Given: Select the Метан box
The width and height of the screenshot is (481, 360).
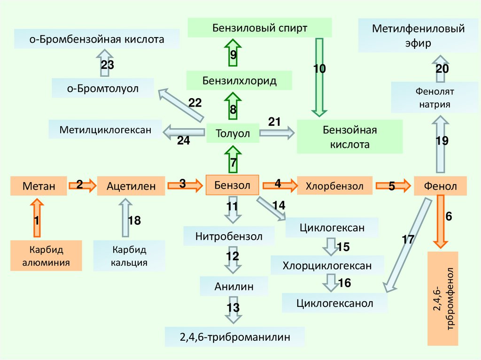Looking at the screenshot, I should (x=39, y=186).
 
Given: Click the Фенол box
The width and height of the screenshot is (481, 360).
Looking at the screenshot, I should (x=440, y=186).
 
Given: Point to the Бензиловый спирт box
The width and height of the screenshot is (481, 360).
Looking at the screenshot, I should (x=259, y=28).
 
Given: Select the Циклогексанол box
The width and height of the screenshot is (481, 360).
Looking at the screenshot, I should (x=334, y=303).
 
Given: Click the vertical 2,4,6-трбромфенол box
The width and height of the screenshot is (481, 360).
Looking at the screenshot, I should (x=442, y=298).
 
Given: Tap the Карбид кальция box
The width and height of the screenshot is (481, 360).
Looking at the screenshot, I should (x=129, y=255).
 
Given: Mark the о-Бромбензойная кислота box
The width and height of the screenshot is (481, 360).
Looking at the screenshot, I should (x=97, y=39).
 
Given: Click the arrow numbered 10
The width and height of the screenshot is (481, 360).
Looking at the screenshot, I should (x=320, y=77).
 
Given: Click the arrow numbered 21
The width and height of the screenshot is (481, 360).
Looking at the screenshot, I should (x=277, y=133).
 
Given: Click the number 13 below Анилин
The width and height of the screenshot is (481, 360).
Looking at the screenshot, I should (x=233, y=308).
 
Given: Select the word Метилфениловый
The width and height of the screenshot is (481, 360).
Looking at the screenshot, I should (x=411, y=30).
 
